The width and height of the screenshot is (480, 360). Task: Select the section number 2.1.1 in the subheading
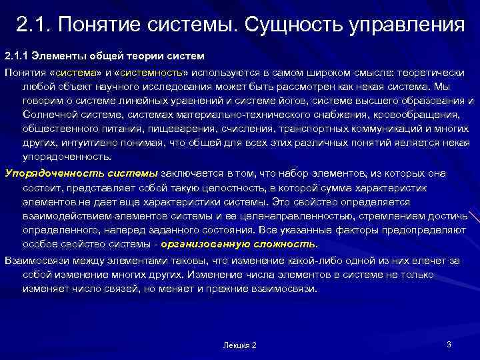tap(17, 53)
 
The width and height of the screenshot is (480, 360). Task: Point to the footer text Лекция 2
tap(240, 345)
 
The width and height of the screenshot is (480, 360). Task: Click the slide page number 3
tap(449, 344)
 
